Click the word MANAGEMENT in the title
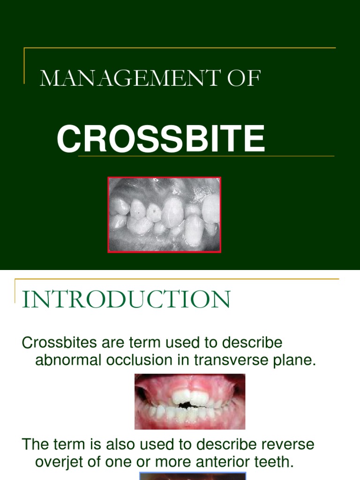pyautogui.click(x=130, y=78)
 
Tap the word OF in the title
pyautogui.click(x=244, y=78)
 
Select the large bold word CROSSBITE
pyautogui.click(x=161, y=138)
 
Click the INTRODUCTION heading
pyautogui.click(x=126, y=299)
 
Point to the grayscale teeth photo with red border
pyautogui.click(x=165, y=215)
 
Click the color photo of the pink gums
pyautogui.click(x=190, y=401)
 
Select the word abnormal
pyautogui.click(x=68, y=360)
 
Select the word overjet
pyautogui.click(x=59, y=462)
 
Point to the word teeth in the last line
pyautogui.click(x=267, y=462)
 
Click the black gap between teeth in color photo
pyautogui.click(x=187, y=405)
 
